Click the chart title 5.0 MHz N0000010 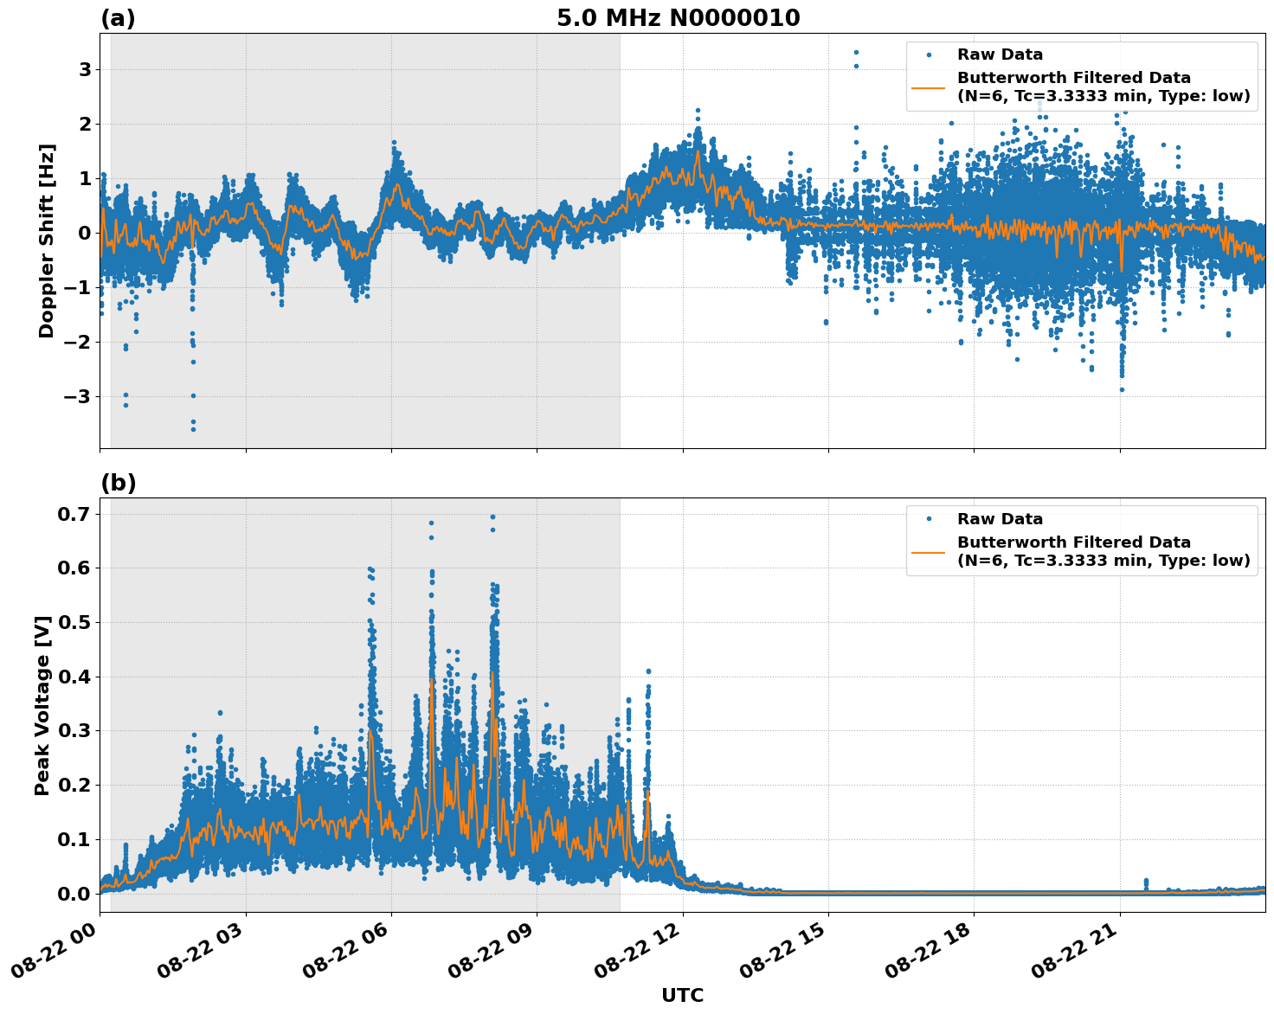click(678, 18)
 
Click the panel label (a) click(118, 18)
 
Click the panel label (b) click(118, 483)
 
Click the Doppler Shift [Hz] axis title click(47, 241)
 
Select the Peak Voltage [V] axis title click(42, 705)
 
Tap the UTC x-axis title click(682, 995)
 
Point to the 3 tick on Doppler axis click(84, 69)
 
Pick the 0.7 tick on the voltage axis click(74, 514)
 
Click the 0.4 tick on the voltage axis click(74, 677)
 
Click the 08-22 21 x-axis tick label click(1080, 952)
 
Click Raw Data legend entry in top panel click(1000, 55)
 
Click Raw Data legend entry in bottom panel click(1000, 519)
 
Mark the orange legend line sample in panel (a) click(929, 87)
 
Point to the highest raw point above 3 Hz click(856, 52)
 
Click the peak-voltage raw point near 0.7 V click(492, 517)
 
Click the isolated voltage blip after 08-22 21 click(1146, 882)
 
